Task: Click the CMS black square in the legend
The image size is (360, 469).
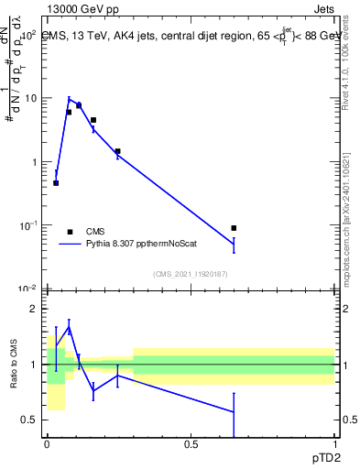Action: point(70,232)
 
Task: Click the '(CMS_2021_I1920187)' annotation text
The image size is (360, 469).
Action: point(191,273)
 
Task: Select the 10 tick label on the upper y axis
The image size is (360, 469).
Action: point(30,98)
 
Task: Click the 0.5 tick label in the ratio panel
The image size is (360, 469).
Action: point(30,420)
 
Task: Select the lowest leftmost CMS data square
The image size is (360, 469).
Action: point(56,183)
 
